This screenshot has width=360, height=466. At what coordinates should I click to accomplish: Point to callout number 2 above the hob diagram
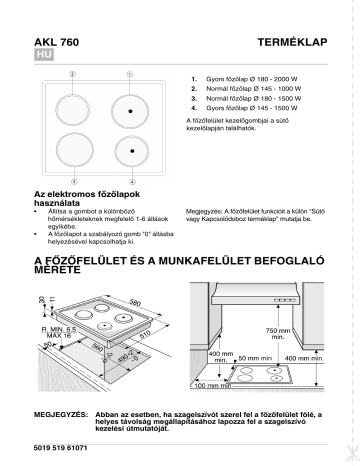coord(71,75)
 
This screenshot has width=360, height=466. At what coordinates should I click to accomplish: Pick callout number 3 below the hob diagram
coord(71,181)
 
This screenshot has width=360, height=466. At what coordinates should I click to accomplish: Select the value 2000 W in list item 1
coord(286,78)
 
